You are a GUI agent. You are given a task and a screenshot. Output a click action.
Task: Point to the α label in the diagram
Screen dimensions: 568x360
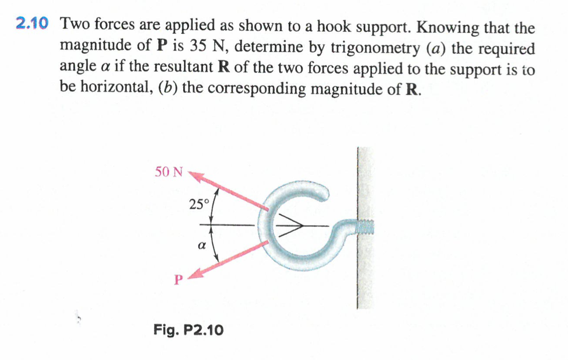[202, 245]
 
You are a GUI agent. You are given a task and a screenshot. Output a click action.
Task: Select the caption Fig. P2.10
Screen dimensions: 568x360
[188, 330]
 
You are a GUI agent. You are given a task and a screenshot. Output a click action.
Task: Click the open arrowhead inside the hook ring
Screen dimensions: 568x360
[291, 225]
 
